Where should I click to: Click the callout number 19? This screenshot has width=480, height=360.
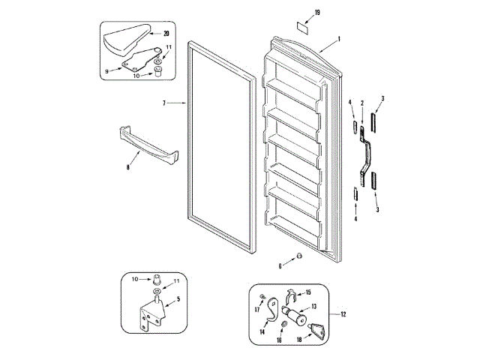(317, 13)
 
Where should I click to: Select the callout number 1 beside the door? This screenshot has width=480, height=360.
(339, 39)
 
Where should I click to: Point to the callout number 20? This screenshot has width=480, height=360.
(166, 33)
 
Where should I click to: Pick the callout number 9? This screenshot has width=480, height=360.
(107, 71)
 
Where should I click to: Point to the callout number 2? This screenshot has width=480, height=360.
(362, 102)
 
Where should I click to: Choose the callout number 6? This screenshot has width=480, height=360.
(280, 265)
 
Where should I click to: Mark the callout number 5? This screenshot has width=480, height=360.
(178, 300)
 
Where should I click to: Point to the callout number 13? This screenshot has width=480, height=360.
(315, 306)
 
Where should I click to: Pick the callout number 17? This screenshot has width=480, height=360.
(257, 308)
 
